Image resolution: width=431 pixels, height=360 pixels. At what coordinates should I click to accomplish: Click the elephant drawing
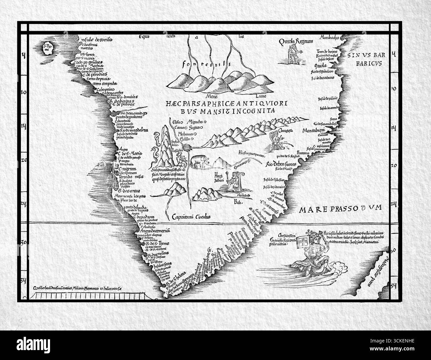200,161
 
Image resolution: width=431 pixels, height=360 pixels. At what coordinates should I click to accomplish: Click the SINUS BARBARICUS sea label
365,58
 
